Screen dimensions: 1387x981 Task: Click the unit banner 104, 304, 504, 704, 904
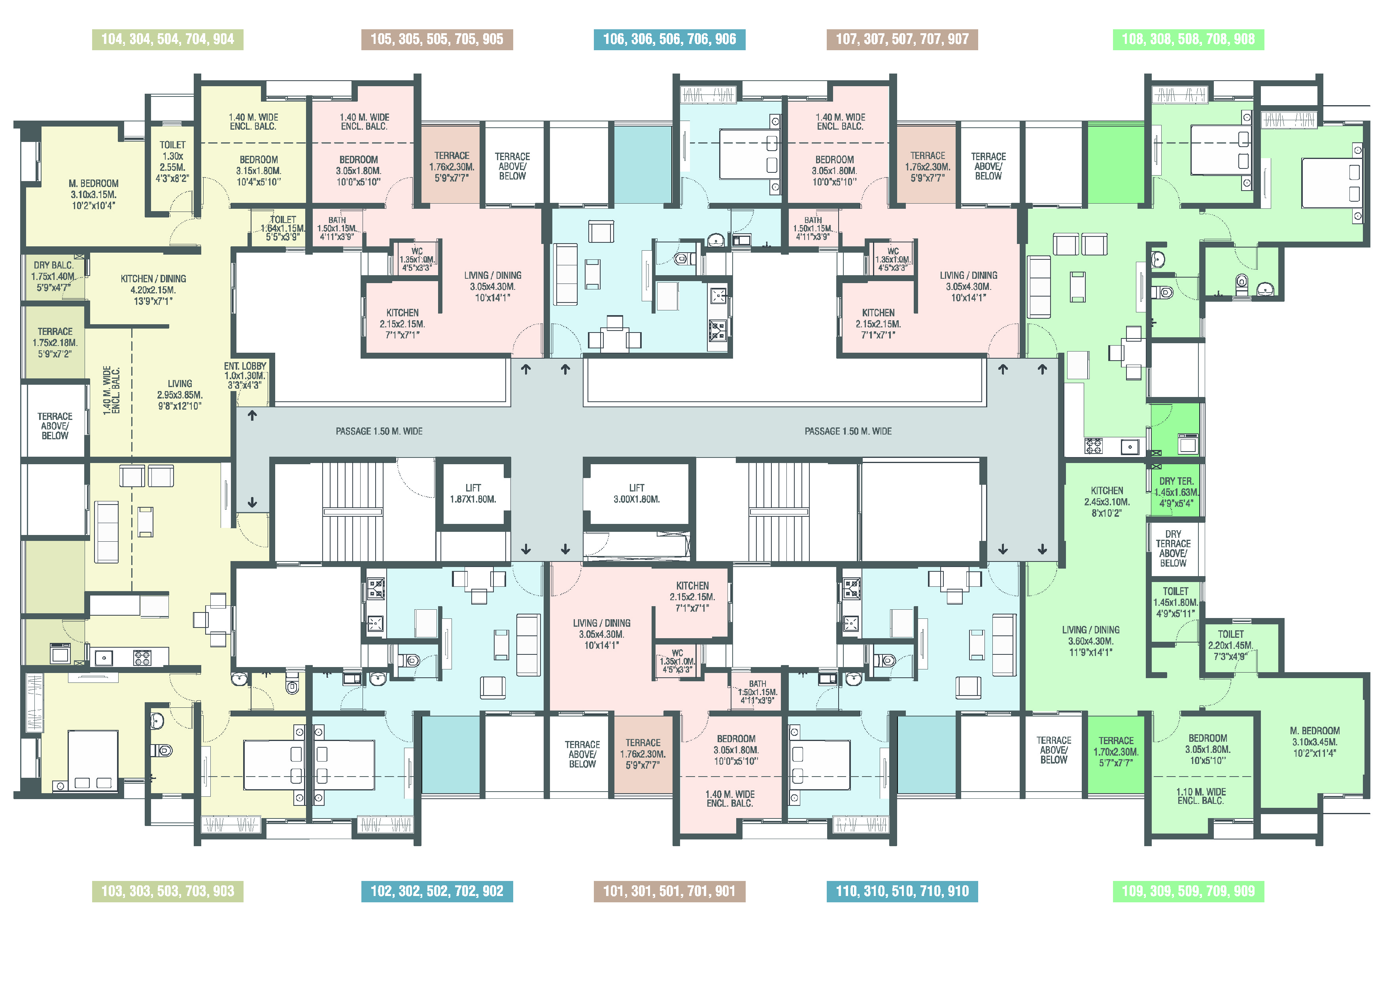click(x=167, y=39)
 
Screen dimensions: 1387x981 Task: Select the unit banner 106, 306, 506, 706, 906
click(x=669, y=39)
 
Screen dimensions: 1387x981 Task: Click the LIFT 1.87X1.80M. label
click(x=473, y=493)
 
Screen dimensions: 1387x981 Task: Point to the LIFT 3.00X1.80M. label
click(x=637, y=493)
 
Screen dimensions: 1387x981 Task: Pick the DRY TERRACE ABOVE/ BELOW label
click(x=1173, y=548)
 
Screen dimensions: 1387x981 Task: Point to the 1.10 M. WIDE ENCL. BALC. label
click(x=1200, y=796)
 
